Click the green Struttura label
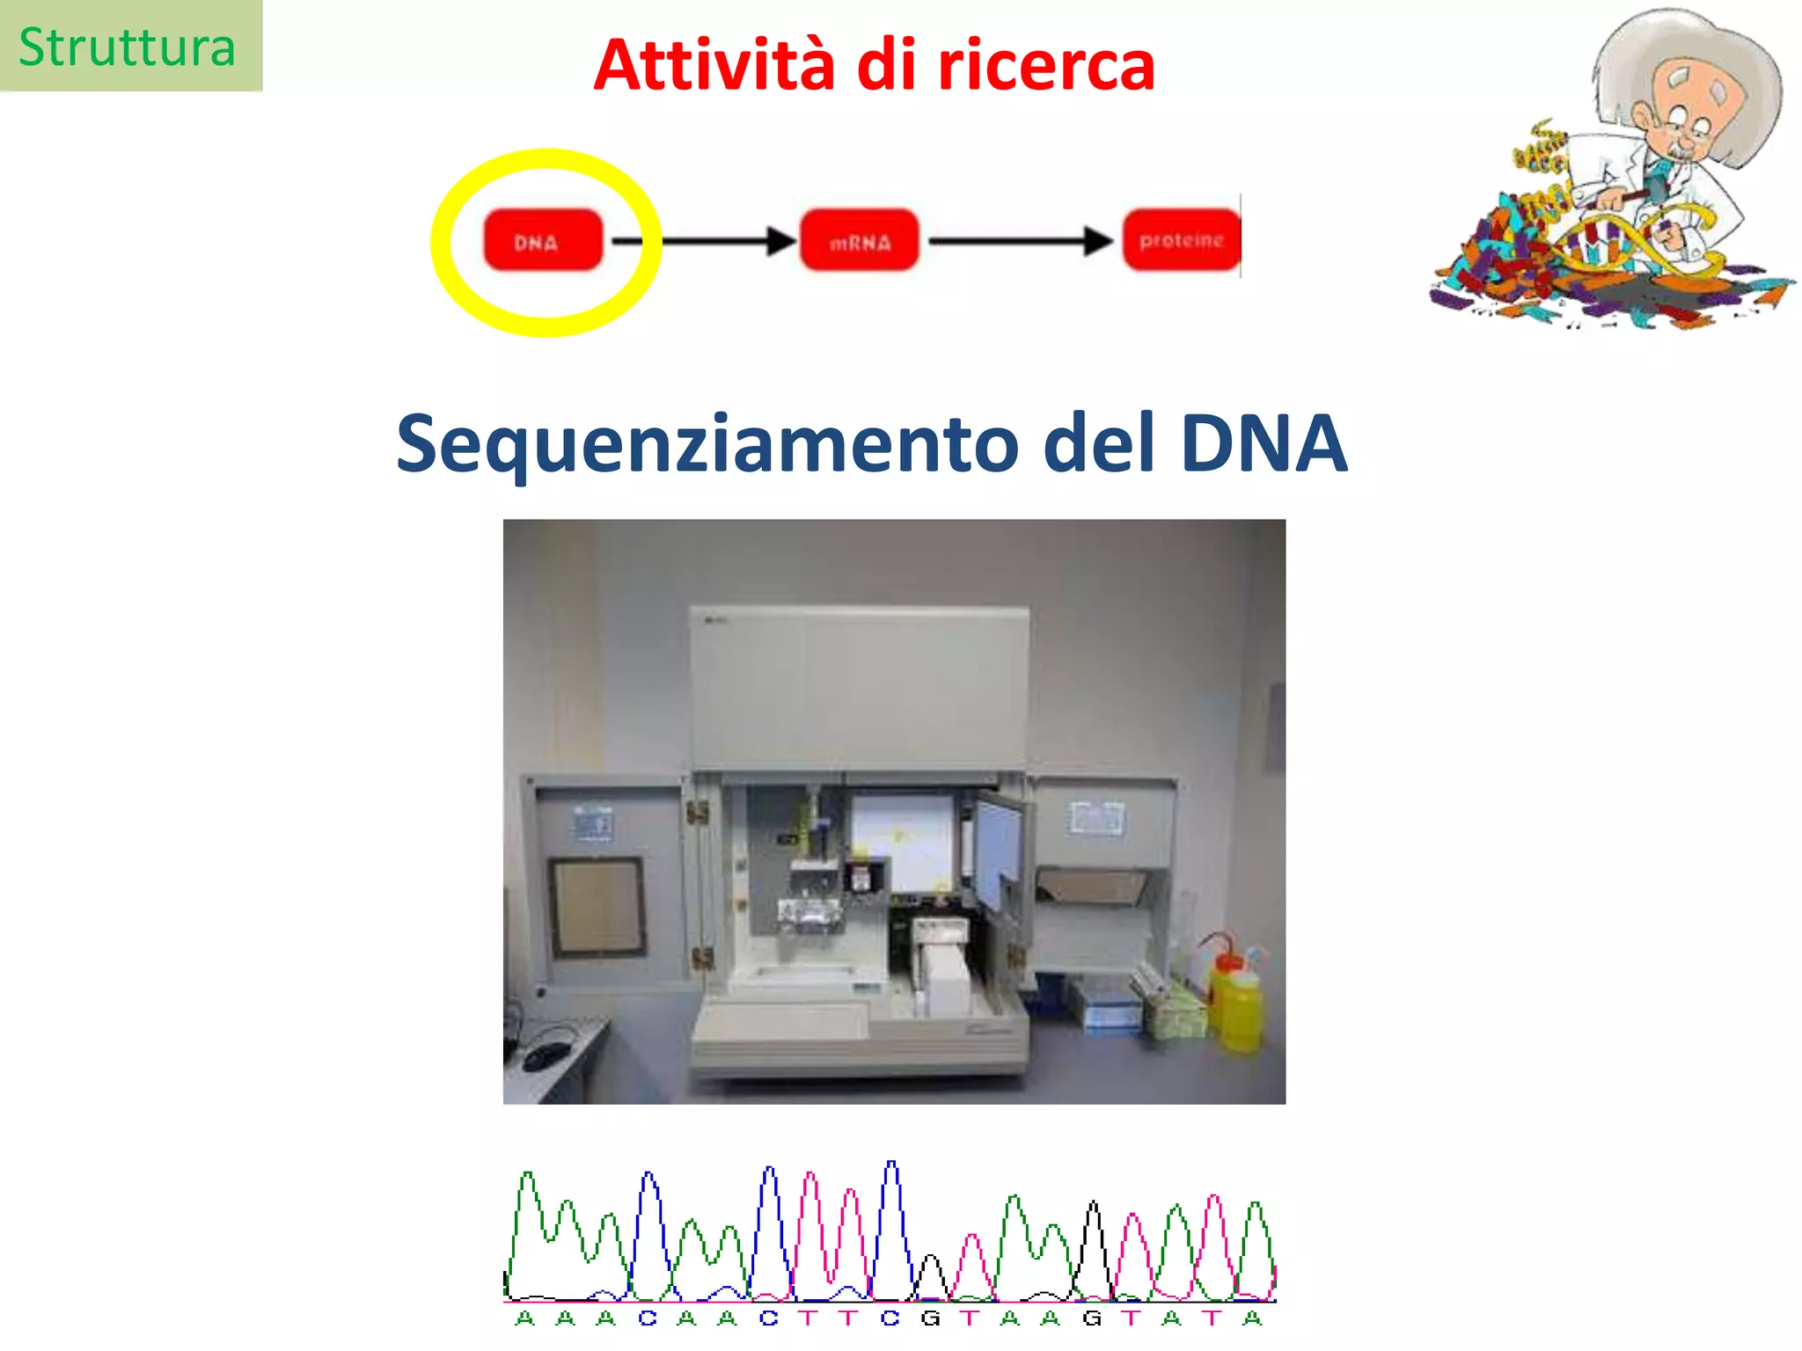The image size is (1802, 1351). (x=128, y=47)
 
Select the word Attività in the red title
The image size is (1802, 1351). (x=714, y=65)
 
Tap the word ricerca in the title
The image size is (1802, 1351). (x=1046, y=65)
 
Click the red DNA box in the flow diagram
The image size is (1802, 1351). (x=543, y=240)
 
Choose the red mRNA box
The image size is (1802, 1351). (x=859, y=240)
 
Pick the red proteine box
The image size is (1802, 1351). (x=1181, y=240)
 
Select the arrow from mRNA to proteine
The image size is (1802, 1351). (x=1021, y=240)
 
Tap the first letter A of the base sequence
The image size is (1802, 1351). (x=525, y=1318)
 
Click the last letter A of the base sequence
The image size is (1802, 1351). (x=1253, y=1318)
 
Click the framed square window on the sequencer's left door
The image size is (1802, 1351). (x=597, y=906)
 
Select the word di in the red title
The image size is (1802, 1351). (x=885, y=65)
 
